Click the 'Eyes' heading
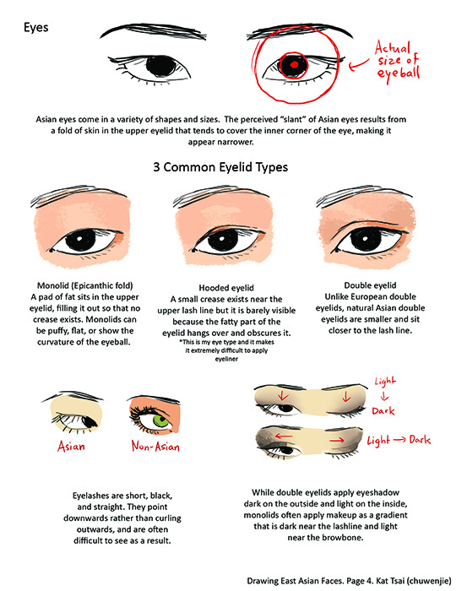(x=35, y=28)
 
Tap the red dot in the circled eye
(x=295, y=64)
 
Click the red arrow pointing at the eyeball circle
(x=358, y=65)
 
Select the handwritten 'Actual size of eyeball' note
(x=397, y=61)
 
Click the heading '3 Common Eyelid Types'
(x=220, y=167)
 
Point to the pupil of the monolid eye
(x=81, y=240)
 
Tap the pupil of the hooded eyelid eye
(x=223, y=240)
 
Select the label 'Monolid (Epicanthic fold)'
(x=84, y=285)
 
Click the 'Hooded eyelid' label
(x=226, y=288)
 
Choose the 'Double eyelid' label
(x=370, y=285)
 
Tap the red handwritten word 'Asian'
(x=71, y=447)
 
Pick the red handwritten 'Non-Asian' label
(x=155, y=447)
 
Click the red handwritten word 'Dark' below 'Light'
(x=383, y=411)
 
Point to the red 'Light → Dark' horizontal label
(x=399, y=440)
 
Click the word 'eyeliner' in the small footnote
(x=226, y=359)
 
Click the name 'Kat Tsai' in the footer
(x=390, y=581)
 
